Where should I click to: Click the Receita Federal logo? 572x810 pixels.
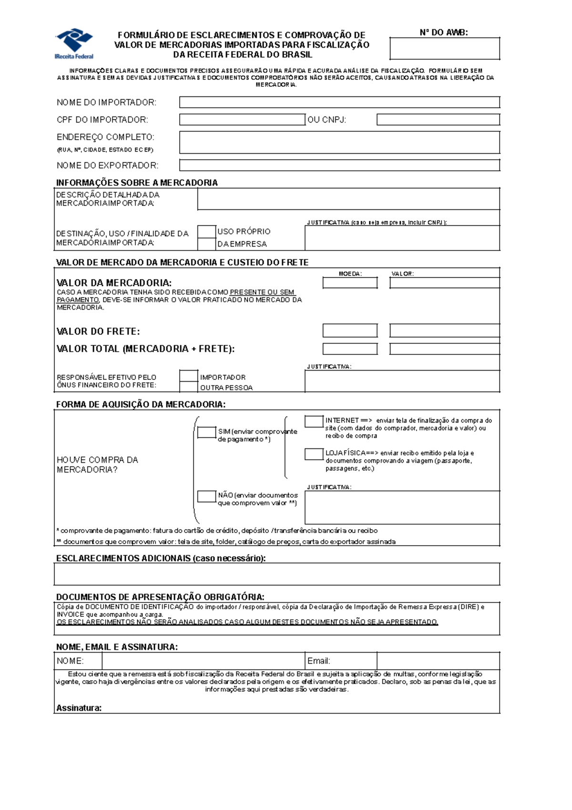(x=74, y=43)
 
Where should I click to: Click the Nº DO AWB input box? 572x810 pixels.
(x=444, y=49)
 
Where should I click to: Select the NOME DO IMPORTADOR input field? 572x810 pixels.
(x=339, y=102)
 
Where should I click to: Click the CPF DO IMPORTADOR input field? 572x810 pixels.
(x=242, y=119)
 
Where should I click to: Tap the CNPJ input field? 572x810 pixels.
(x=438, y=119)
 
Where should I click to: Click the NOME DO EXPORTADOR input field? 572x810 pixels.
(x=339, y=165)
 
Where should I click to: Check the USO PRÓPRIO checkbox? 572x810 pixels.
(x=207, y=232)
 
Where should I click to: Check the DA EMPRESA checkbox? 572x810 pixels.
(x=207, y=244)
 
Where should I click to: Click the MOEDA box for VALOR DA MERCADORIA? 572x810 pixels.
(x=350, y=283)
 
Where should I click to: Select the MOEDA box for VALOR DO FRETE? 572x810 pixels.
(x=350, y=331)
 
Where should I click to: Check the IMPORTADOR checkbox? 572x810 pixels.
(x=189, y=376)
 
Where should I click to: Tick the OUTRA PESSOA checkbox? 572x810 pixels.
(x=189, y=387)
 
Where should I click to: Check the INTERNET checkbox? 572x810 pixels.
(x=314, y=421)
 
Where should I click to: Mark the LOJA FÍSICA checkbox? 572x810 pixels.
(x=314, y=454)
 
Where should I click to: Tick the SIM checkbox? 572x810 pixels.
(x=207, y=432)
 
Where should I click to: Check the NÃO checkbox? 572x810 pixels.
(x=207, y=496)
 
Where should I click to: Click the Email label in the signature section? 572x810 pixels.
(x=318, y=661)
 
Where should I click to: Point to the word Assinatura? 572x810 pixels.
(x=79, y=708)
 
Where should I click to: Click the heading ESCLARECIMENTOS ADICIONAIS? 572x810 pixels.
(x=161, y=558)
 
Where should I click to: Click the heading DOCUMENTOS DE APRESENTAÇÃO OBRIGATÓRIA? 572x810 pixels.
(x=160, y=597)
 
